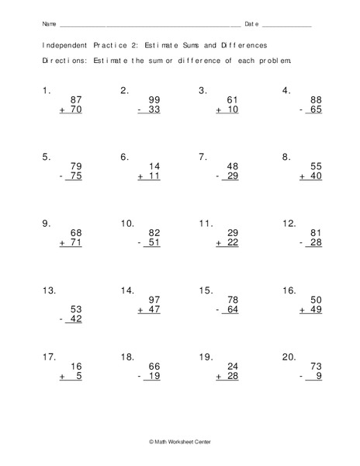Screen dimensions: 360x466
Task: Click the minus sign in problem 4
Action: (x=301, y=111)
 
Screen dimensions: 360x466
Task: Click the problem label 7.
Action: (x=202, y=157)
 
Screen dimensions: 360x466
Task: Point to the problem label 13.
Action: (x=49, y=291)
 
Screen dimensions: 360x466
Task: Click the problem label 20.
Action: (x=288, y=358)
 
